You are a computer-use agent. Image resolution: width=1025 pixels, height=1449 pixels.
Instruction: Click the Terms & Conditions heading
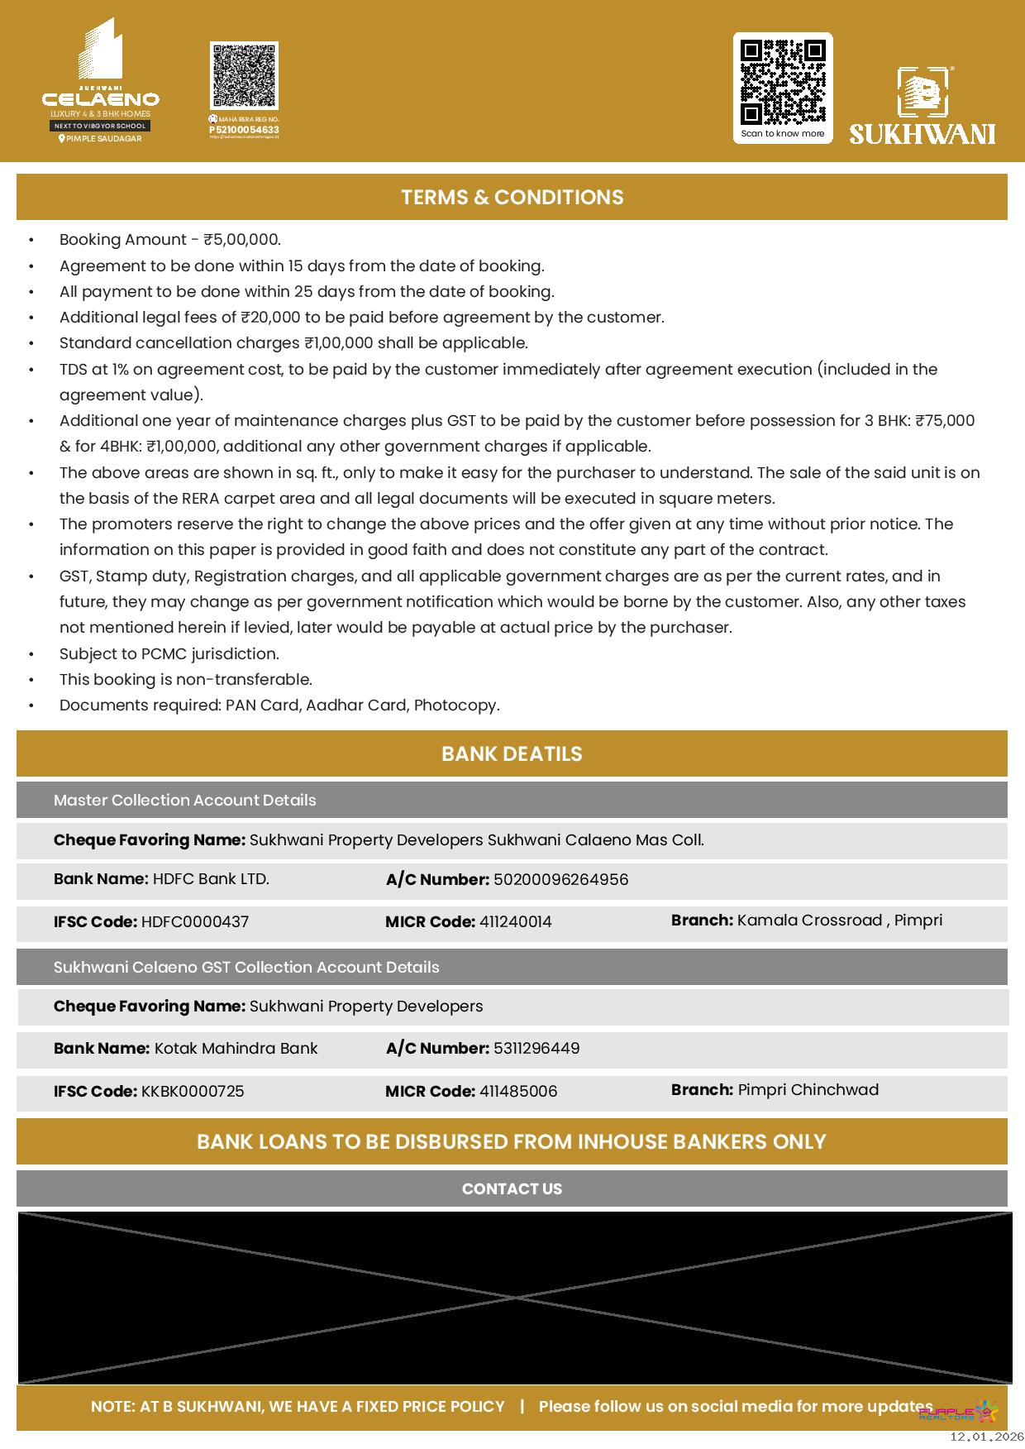512,198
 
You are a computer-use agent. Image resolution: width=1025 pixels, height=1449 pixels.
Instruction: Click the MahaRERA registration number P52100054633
244,130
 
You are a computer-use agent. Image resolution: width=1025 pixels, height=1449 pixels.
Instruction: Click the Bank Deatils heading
512,754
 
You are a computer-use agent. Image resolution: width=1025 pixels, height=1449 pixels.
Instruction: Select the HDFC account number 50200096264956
560,880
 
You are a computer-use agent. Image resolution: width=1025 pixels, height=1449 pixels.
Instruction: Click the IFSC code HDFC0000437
195,922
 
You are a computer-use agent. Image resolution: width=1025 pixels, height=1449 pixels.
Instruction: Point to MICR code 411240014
516,922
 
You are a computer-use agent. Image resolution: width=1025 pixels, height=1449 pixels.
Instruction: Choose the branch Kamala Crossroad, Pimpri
839,921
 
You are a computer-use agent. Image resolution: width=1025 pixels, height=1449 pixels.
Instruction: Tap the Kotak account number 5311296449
536,1049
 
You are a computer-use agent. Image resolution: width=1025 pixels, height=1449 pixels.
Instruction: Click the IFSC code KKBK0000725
193,1092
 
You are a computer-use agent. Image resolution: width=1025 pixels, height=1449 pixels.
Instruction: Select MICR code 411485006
518,1092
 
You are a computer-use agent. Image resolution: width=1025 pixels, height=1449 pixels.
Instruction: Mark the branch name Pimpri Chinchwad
808,1090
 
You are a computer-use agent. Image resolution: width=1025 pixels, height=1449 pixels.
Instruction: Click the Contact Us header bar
512,1189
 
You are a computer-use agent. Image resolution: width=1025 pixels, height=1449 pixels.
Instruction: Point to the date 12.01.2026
986,1437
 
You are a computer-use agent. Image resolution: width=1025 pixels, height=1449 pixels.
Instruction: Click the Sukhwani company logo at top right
922,105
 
